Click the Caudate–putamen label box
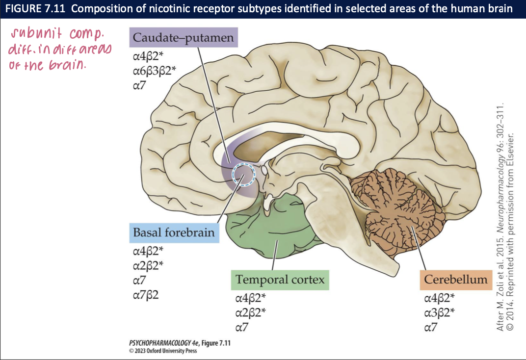click(x=184, y=37)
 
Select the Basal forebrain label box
click(x=174, y=232)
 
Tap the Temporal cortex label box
click(x=280, y=280)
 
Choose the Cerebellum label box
click(x=455, y=280)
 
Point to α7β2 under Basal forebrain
click(x=146, y=295)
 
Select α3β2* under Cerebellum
click(x=439, y=312)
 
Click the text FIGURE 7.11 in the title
click(x=33, y=8)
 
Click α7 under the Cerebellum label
click(x=430, y=327)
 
